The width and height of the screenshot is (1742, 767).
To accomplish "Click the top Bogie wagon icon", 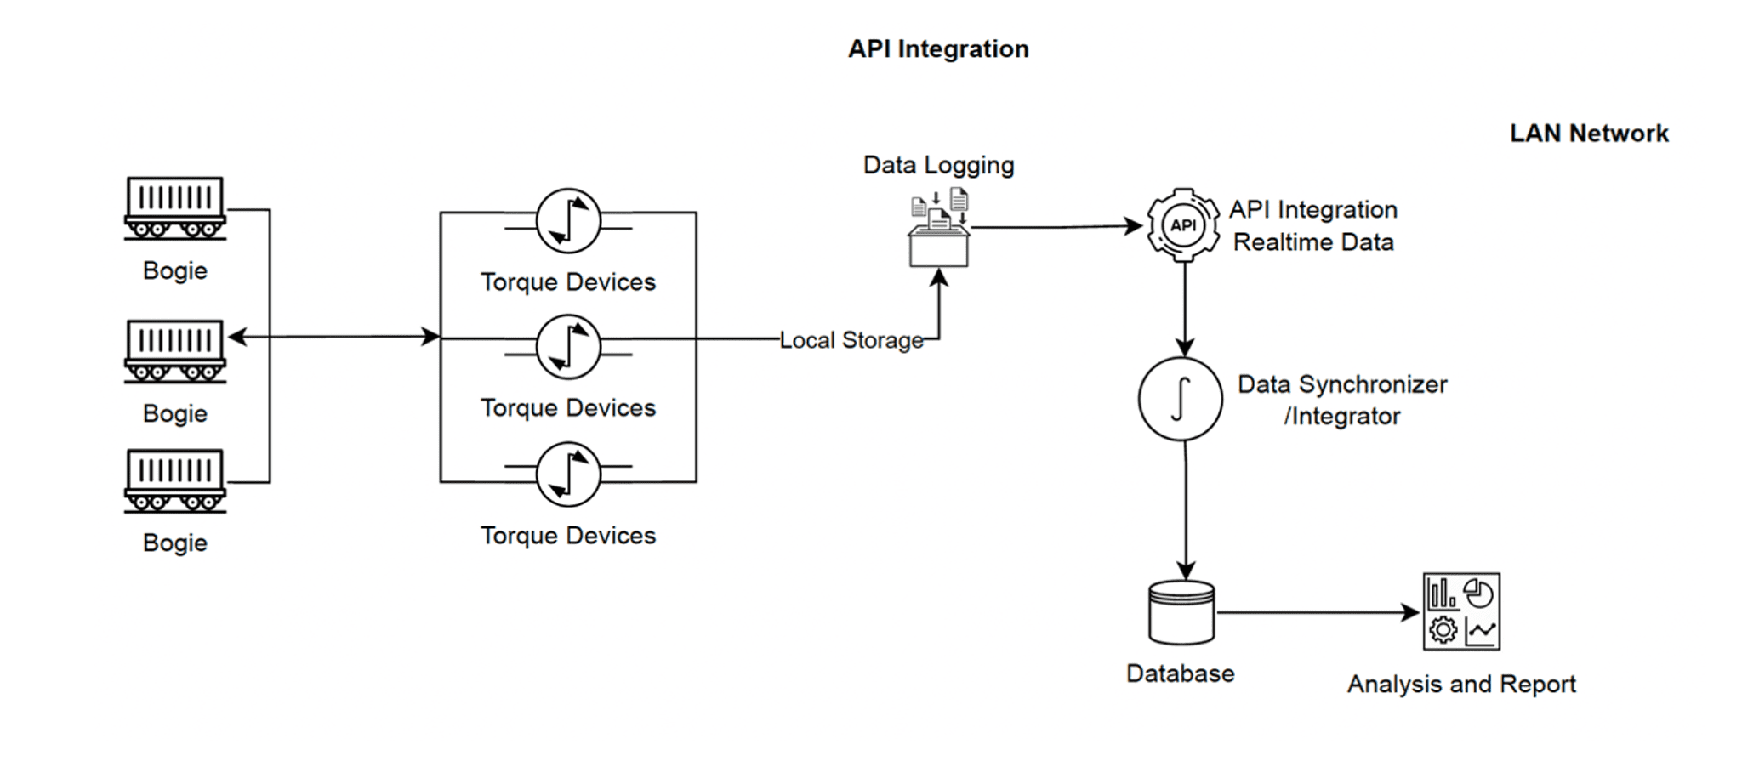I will pos(175,207).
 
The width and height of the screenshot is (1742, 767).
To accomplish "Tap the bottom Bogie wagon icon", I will pos(175,480).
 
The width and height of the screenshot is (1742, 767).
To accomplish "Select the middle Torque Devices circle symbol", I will pos(568,347).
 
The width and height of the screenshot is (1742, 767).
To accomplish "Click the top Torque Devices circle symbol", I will pos(568,221).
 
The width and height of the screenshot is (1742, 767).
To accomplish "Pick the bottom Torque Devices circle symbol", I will pos(568,474).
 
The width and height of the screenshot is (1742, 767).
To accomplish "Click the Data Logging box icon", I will pos(939,230).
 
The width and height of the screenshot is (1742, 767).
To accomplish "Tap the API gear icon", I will pos(1183,225).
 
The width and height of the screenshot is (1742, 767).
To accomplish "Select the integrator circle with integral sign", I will pos(1181,399).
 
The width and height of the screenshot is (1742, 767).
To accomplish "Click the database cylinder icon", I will pos(1181,612).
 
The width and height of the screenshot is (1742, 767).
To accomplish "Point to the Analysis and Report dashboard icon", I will pos(1461,611).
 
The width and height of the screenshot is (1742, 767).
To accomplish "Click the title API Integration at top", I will pos(938,48).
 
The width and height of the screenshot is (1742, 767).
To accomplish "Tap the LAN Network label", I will pos(1588,134).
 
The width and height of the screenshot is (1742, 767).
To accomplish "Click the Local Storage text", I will pos(851,340).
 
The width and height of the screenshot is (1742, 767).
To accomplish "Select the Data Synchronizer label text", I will pos(1341,384).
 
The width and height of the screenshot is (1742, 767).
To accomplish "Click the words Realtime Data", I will pos(1312,242).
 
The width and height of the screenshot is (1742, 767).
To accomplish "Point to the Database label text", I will pos(1180,673).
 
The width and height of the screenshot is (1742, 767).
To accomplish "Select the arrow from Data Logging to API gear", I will pos(1055,227).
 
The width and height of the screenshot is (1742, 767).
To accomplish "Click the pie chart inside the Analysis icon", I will pos(1479,594).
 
